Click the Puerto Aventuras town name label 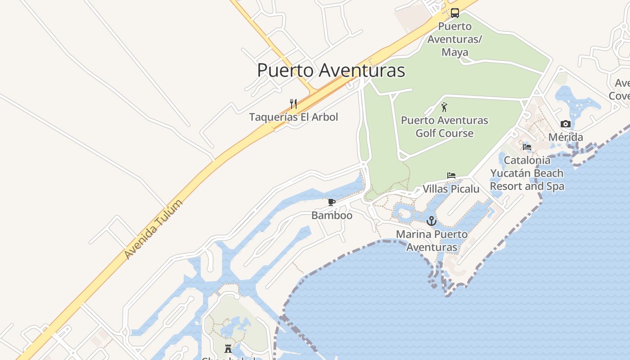click(x=331, y=71)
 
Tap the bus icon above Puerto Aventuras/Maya click(x=455, y=13)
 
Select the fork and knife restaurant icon click(x=293, y=104)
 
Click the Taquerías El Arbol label click(x=293, y=117)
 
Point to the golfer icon click(x=445, y=107)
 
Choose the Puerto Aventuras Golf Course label click(x=445, y=127)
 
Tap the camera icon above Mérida click(x=566, y=124)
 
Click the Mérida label click(x=566, y=137)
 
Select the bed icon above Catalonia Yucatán click(x=527, y=147)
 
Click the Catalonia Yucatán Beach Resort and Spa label click(x=527, y=173)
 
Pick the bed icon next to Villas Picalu click(x=451, y=175)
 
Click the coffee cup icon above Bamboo click(x=332, y=202)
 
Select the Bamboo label click(x=332, y=216)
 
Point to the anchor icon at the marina click(x=432, y=221)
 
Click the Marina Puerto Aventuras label click(x=432, y=241)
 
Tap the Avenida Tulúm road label click(x=154, y=229)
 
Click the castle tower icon click(x=228, y=348)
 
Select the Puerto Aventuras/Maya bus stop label click(x=454, y=39)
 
